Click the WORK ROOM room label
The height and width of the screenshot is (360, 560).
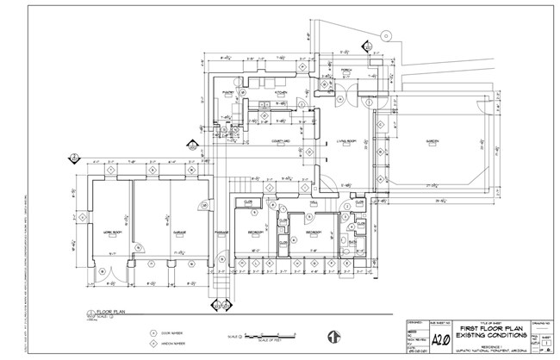coord(112,233)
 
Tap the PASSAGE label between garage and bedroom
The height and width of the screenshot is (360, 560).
coord(221,233)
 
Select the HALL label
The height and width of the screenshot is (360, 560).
coord(315,204)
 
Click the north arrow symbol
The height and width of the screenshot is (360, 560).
coord(330,336)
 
